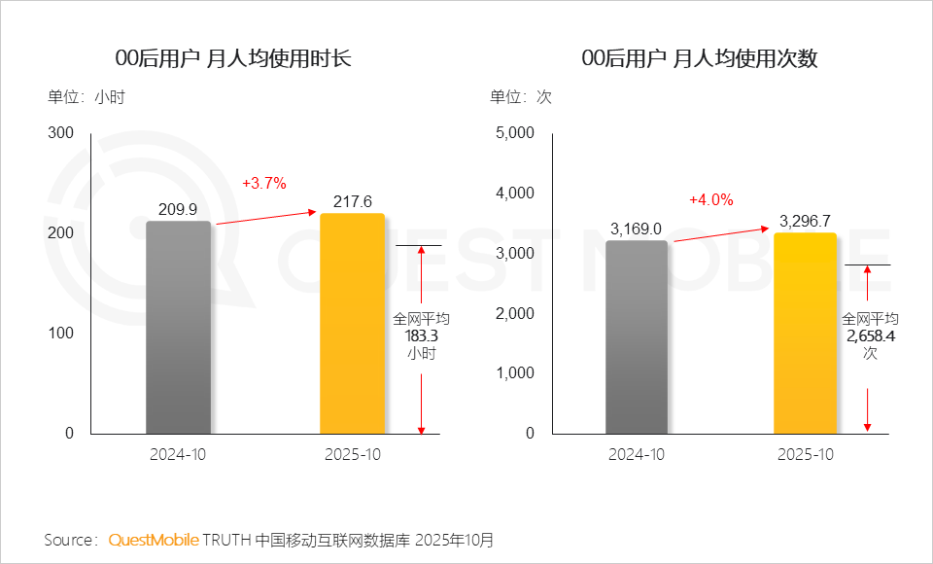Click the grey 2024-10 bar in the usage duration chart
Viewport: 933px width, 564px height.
(x=178, y=327)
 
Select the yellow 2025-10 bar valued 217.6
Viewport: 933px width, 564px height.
(x=352, y=323)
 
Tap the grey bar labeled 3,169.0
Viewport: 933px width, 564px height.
(x=637, y=336)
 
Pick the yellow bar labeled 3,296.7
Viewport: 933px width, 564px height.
(x=806, y=333)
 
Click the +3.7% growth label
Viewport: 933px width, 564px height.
(x=263, y=183)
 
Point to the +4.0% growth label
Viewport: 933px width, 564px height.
(x=710, y=199)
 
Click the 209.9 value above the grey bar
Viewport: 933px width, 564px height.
(x=178, y=209)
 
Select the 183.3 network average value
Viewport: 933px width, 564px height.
(x=421, y=335)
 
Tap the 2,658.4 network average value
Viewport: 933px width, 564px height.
(x=869, y=335)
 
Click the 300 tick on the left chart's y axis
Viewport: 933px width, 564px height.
(x=60, y=133)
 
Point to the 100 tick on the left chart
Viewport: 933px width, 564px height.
(x=60, y=334)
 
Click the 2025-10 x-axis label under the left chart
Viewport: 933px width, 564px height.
(x=352, y=454)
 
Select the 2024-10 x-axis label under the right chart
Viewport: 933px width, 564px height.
(x=637, y=454)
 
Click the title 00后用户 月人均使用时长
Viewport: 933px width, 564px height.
(x=232, y=58)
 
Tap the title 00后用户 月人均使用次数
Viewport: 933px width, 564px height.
(x=699, y=58)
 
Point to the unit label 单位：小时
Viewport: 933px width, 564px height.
(x=86, y=97)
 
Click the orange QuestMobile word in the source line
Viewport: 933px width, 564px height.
(x=154, y=539)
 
